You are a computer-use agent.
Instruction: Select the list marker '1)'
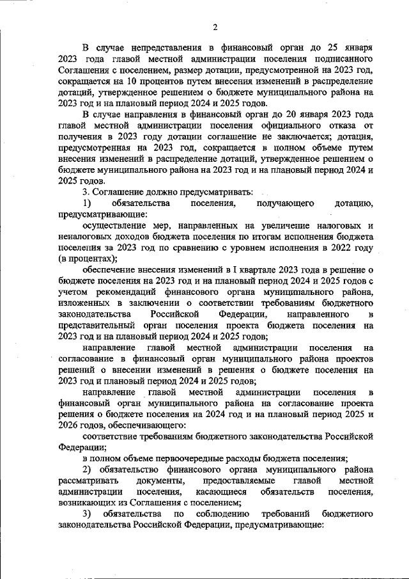click(x=87, y=203)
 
